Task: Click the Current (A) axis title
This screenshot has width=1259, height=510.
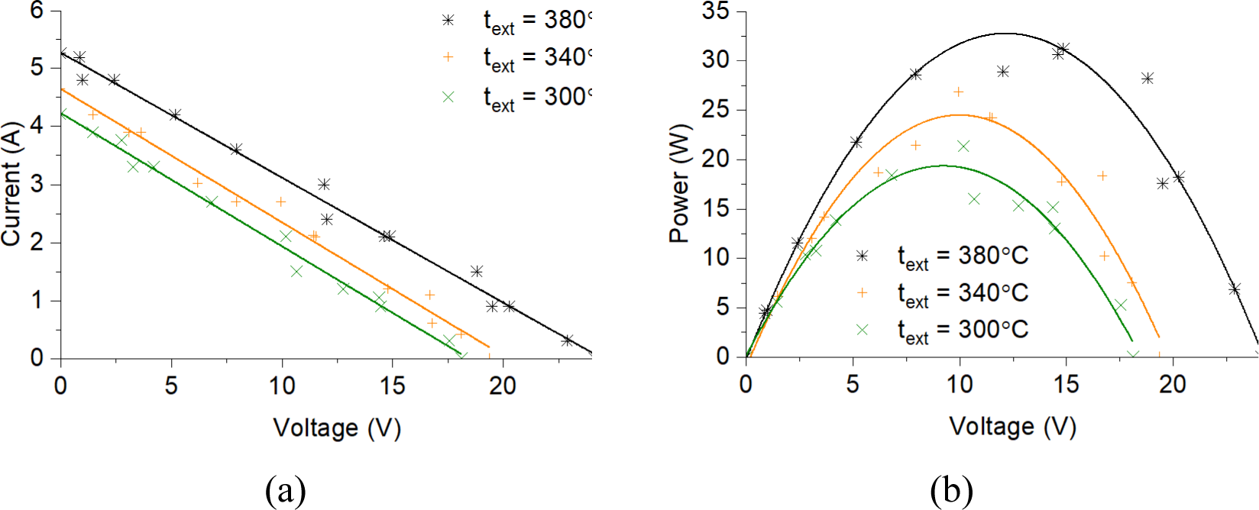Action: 12,183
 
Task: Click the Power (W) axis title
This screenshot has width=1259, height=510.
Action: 679,183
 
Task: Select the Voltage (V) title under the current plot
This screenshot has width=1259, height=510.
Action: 337,428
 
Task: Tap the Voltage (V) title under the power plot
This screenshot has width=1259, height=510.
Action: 1012,426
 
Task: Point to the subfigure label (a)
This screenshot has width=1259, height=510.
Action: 286,491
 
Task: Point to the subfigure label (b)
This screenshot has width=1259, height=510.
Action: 951,491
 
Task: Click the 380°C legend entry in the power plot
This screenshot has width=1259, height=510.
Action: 963,256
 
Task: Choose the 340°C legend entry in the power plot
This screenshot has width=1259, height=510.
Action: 963,292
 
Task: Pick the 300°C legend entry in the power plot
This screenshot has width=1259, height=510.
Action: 963,330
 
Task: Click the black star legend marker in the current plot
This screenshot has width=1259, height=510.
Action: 448,20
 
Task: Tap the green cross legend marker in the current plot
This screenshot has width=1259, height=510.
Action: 448,97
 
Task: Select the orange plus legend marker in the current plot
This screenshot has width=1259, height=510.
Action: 448,57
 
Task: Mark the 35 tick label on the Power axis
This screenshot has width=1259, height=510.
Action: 715,11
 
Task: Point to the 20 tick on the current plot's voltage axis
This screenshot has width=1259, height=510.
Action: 503,386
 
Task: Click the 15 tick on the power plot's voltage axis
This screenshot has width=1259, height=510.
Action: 1066,383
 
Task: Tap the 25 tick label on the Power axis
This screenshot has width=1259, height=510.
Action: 715,110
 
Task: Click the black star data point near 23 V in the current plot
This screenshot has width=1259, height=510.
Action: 567,341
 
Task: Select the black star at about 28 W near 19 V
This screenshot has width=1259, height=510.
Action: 1147,78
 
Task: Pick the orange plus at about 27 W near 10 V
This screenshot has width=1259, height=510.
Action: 959,92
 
